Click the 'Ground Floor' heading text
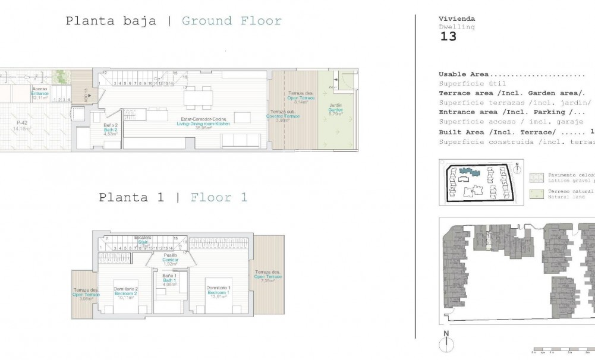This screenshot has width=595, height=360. [x=231, y=21]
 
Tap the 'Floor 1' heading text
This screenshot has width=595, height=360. [x=218, y=197]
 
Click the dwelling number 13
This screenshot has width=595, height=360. [x=448, y=37]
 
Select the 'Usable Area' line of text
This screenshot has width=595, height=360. [x=512, y=74]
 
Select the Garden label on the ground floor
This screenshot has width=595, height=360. [x=336, y=110]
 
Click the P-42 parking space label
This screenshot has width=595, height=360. [x=22, y=125]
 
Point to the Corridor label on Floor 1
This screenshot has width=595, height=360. [x=171, y=260]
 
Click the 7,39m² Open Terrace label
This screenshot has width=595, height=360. [x=267, y=277]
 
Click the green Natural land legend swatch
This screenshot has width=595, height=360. [x=537, y=194]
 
